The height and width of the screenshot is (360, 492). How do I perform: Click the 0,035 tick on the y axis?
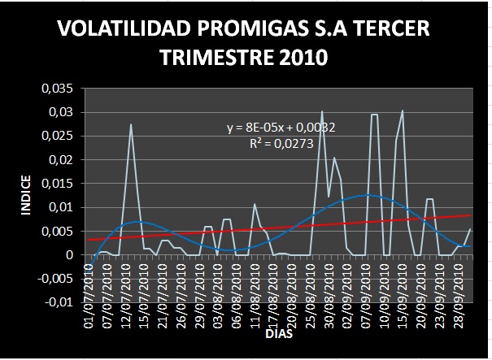pos(57,88)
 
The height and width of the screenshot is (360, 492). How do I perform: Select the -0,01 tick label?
pos(57,303)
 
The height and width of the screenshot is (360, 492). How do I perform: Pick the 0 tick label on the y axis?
pos(70,255)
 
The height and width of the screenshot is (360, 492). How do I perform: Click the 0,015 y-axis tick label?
pos(57,184)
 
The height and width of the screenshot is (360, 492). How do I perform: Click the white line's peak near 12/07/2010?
pos(131,124)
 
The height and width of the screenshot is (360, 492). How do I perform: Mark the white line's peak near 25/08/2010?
pos(322,111)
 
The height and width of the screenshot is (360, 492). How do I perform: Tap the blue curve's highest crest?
pos(368,195)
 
